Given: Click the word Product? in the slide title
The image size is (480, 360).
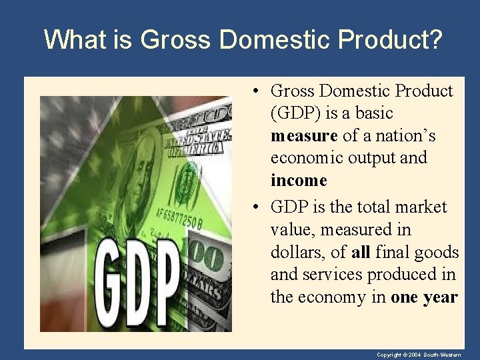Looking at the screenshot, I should [389, 40].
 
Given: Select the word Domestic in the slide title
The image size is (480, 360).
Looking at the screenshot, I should [276, 40].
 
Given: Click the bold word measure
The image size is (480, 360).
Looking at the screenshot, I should [304, 136].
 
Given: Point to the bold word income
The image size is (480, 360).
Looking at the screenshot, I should [299, 181].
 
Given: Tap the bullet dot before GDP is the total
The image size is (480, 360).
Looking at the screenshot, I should [256, 207].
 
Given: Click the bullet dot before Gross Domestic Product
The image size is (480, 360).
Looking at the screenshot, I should [256, 91].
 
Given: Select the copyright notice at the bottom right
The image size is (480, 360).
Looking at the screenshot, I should [418, 355].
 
